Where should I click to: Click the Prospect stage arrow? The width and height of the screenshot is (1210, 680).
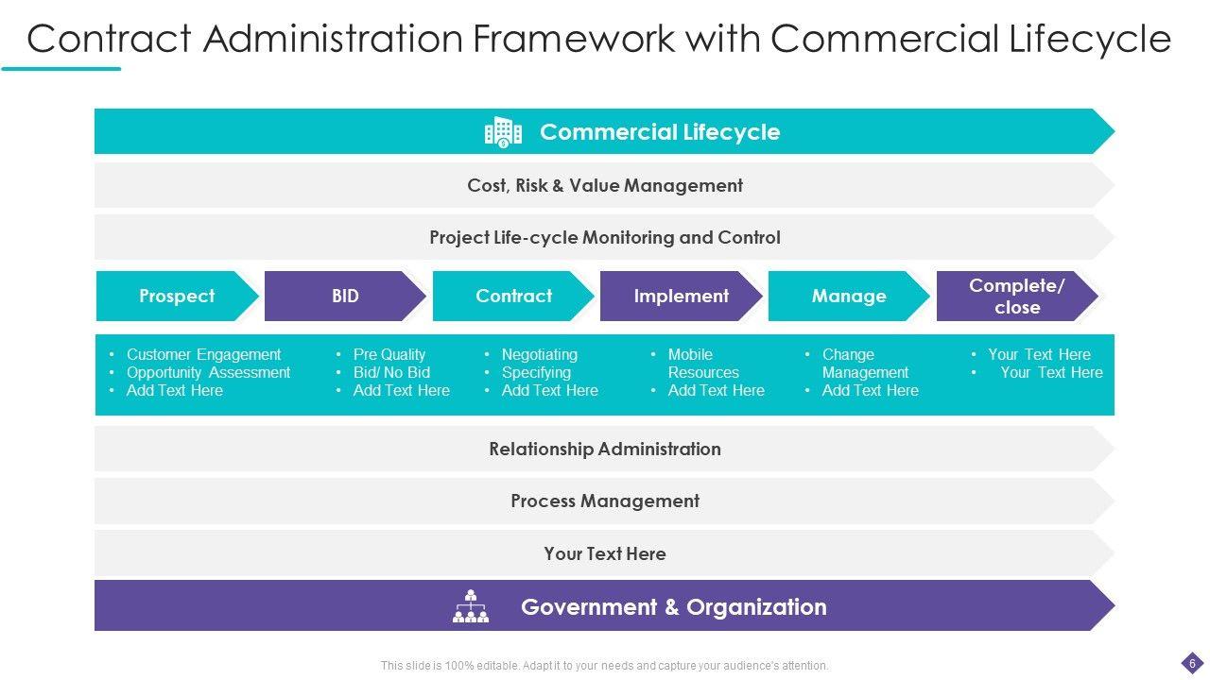point(177,296)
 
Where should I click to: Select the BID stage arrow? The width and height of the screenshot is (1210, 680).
point(345,296)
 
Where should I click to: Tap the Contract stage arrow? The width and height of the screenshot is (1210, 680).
point(513,296)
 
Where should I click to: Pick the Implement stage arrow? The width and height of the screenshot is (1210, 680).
point(681,296)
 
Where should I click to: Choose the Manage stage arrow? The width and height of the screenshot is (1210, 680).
point(849,296)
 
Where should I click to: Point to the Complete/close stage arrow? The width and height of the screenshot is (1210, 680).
point(1016,296)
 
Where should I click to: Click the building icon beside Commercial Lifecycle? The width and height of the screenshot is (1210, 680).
point(503,132)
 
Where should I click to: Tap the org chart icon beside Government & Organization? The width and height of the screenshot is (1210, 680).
point(471,606)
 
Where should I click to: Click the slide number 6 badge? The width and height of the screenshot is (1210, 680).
point(1192,663)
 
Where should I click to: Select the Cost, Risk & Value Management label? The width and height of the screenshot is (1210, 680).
point(605,185)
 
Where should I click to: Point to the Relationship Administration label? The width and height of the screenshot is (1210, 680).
point(605,449)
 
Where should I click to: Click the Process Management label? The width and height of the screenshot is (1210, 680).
point(605,501)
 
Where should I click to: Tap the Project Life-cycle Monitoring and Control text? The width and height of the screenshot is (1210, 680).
point(605,237)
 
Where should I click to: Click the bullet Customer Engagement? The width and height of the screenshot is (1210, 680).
point(203,354)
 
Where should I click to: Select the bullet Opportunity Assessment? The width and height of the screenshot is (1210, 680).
point(208,372)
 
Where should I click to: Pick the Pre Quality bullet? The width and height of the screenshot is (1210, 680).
point(389,354)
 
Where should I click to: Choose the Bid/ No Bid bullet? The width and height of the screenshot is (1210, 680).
point(391,372)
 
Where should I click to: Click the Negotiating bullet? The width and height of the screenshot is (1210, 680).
point(539,354)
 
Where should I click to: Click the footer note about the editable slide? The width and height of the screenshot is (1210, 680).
point(605,666)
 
